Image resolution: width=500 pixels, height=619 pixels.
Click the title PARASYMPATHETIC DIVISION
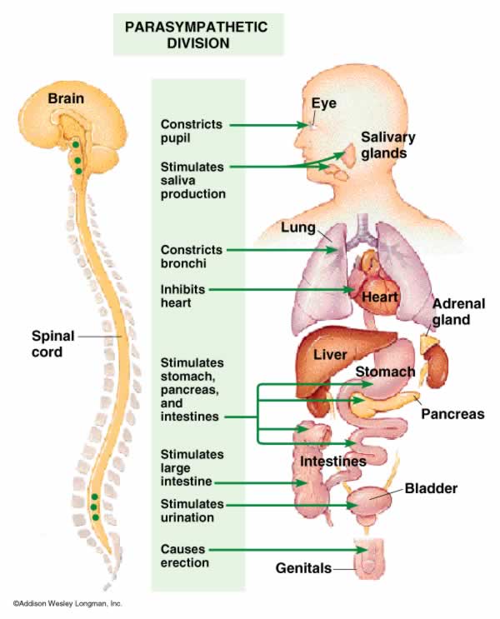(x=197, y=35)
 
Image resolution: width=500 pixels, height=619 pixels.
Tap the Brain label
(x=65, y=98)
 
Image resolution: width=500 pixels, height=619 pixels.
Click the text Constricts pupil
(x=192, y=132)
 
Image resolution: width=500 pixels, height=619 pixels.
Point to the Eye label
(x=323, y=103)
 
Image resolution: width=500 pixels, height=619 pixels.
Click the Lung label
(x=298, y=227)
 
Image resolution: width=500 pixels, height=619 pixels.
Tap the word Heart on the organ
(x=378, y=297)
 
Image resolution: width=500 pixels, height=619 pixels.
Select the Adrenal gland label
(x=458, y=312)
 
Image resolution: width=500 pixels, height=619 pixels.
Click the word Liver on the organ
(x=330, y=356)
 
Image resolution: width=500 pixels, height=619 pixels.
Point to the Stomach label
(x=385, y=371)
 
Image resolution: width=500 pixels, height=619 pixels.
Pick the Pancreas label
(x=452, y=413)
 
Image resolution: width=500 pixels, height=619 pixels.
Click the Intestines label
(x=333, y=461)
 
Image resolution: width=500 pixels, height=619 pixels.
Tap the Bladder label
(x=431, y=488)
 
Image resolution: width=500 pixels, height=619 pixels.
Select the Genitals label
(x=303, y=569)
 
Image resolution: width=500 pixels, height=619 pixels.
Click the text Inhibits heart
(x=182, y=297)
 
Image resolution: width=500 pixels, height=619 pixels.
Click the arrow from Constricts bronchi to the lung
(x=275, y=249)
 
